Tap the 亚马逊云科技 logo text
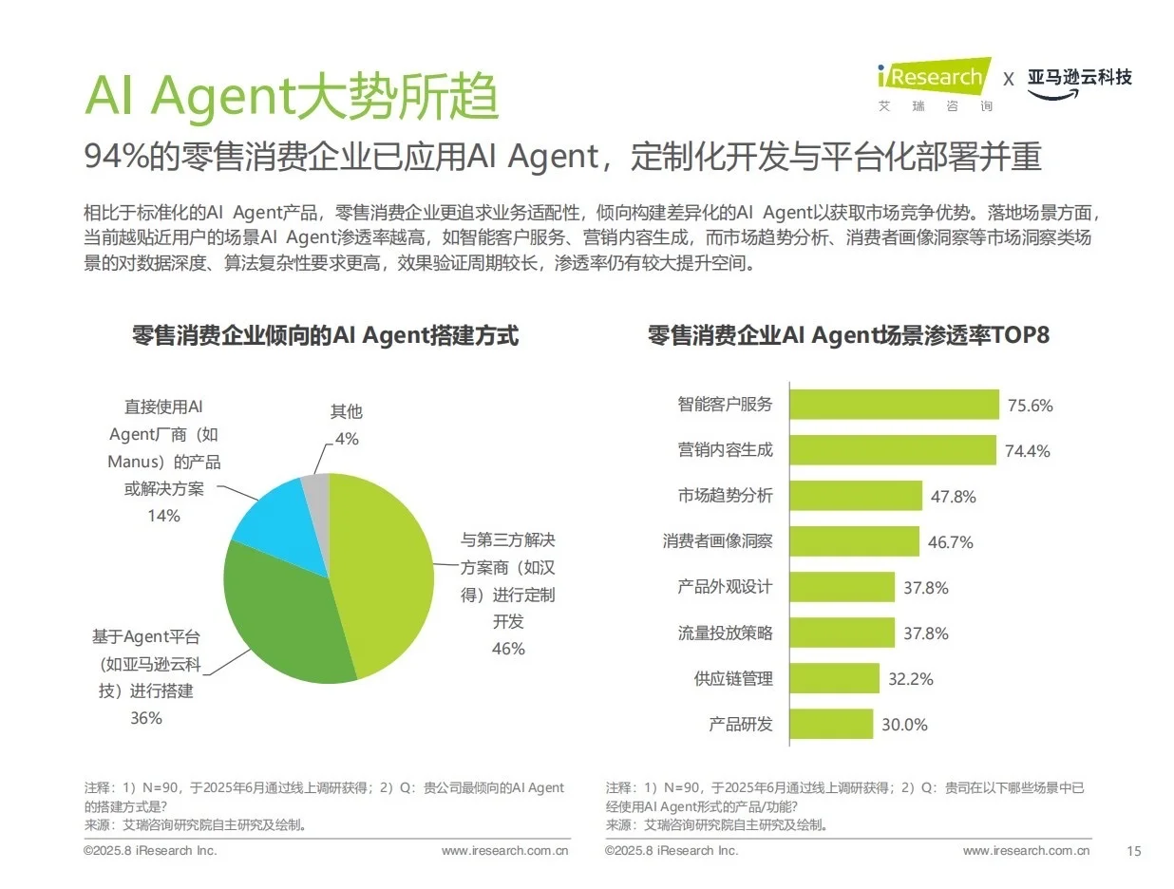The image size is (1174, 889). click(x=1079, y=78)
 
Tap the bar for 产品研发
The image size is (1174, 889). click(x=831, y=724)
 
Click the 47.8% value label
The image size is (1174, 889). click(x=953, y=497)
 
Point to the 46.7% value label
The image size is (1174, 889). click(x=950, y=542)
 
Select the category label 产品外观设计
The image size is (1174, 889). click(x=725, y=587)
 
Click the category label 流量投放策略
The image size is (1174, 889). click(x=725, y=633)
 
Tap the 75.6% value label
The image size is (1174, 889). click(x=1031, y=406)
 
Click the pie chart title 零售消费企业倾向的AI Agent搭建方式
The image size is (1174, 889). click(x=326, y=335)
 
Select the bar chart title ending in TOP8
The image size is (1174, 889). click(x=847, y=335)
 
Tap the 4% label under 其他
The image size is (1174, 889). click(x=347, y=439)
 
